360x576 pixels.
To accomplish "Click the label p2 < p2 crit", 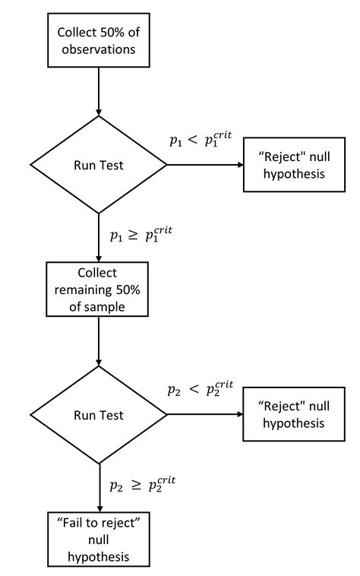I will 201,389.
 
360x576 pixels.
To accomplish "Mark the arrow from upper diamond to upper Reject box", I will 204,164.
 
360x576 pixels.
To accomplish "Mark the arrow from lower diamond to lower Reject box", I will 204,415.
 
